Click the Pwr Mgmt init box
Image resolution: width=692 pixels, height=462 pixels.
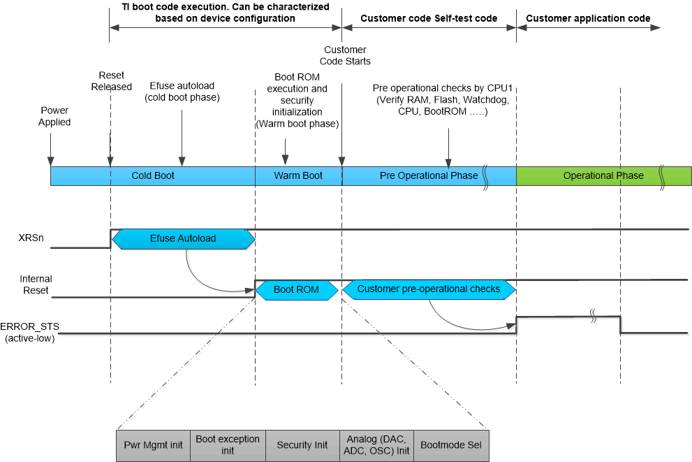point(153,445)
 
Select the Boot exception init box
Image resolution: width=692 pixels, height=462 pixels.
point(228,445)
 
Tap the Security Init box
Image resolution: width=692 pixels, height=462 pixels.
point(302,445)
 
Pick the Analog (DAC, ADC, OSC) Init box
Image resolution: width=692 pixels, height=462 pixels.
point(376,445)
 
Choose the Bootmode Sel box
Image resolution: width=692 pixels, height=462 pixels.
point(451,445)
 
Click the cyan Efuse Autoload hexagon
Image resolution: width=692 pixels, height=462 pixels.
point(183,238)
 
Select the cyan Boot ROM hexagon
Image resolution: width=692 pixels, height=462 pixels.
point(296,289)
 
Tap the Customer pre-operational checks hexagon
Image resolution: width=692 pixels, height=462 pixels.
point(428,289)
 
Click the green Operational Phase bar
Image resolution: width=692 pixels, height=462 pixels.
point(603,175)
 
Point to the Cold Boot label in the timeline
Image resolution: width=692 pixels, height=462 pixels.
point(153,175)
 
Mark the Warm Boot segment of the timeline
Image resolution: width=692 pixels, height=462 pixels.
point(298,175)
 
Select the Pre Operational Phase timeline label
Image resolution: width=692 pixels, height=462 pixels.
point(429,175)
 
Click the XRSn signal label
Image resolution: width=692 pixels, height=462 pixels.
point(31,238)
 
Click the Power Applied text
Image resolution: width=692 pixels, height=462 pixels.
point(55,116)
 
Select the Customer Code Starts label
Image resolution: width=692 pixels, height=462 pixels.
point(345,55)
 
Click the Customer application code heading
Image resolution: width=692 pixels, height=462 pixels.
point(588,18)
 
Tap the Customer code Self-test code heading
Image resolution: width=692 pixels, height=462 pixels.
point(429,18)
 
